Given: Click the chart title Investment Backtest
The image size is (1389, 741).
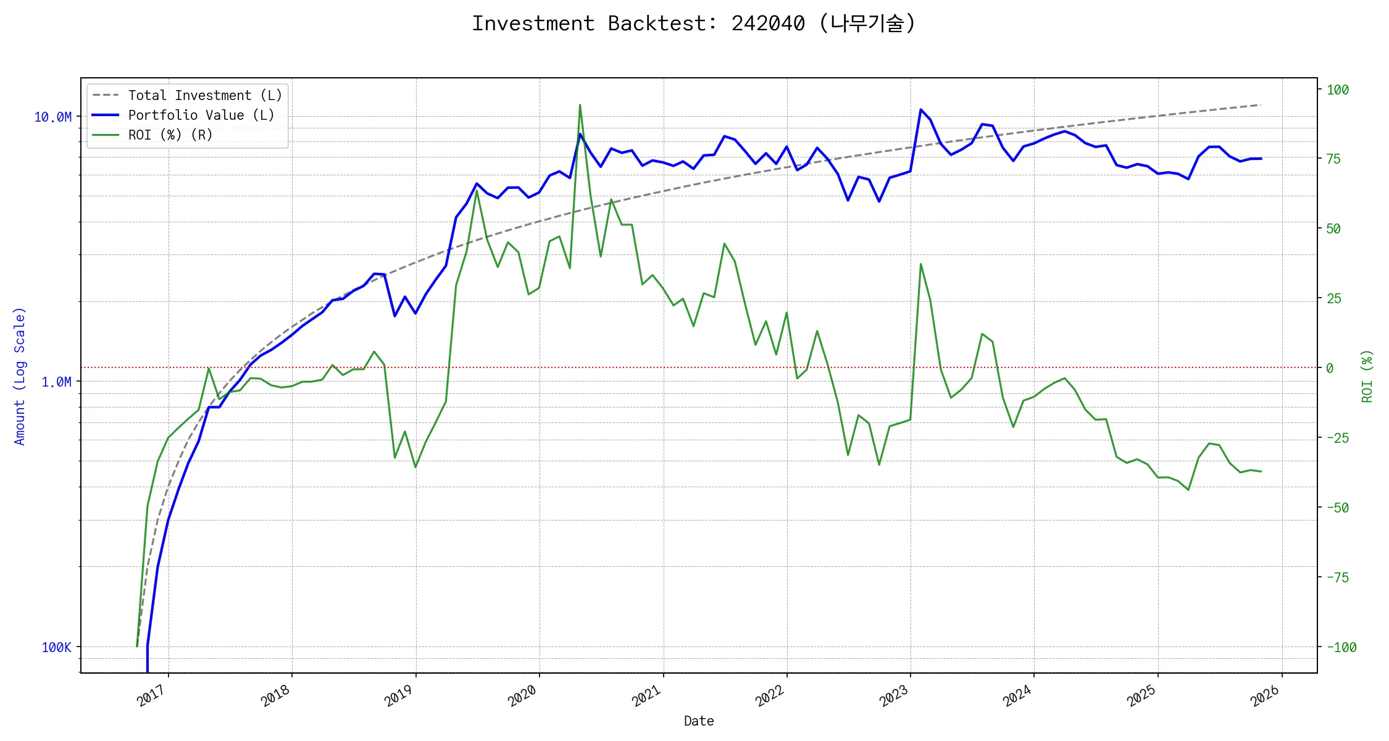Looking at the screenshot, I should tap(693, 23).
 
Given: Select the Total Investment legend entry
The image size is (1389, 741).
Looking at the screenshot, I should tap(204, 96).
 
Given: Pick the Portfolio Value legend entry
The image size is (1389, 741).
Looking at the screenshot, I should tap(201, 115).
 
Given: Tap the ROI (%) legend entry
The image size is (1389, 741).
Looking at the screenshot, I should tap(170, 135).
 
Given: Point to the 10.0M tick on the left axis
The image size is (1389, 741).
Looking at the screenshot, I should tap(52, 117).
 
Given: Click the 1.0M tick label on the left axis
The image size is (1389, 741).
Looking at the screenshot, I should tap(56, 382).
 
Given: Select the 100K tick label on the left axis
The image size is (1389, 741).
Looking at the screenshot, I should tap(56, 648).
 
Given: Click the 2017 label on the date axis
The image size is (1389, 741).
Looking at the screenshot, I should tap(152, 696).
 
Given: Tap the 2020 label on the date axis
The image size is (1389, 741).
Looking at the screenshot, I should tap(522, 696).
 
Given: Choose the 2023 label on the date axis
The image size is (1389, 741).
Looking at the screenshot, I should tap(893, 696).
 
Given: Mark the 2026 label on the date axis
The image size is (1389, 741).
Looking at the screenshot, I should tap(1265, 696).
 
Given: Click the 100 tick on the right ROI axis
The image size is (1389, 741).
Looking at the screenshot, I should tap(1338, 90).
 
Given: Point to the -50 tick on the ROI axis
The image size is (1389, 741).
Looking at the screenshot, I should tap(1337, 508).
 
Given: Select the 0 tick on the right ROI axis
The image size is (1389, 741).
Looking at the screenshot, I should tap(1330, 369).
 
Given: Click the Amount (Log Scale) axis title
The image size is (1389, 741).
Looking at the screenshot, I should tap(20, 376).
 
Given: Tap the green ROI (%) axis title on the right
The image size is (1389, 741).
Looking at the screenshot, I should tap(1367, 376).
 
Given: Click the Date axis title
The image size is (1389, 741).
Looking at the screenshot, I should tap(699, 721).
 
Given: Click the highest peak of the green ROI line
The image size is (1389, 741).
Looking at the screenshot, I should tap(580, 105).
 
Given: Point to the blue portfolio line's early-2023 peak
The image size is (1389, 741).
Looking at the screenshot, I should tap(920, 110).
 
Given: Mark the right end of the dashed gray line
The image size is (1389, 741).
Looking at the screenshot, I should tap(1260, 105).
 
